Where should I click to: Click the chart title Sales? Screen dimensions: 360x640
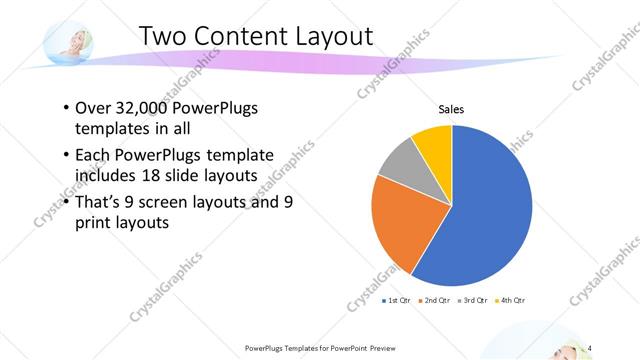452,109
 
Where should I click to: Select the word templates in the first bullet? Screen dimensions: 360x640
114,129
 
